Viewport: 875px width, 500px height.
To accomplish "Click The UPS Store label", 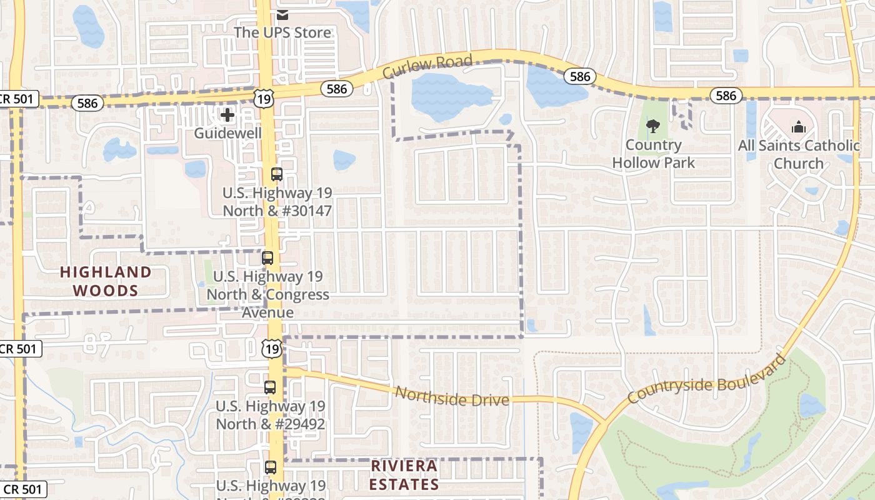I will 282,32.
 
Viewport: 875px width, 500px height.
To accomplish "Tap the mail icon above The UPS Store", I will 282,14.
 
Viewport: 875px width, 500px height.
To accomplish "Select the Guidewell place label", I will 227,133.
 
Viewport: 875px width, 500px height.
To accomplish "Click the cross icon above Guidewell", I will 227,115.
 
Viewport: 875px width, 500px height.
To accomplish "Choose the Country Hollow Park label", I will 653,154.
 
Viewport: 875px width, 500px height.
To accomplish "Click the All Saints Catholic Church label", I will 799,154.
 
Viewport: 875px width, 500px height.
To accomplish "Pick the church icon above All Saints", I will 799,127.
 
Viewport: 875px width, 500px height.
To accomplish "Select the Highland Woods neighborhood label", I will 106,281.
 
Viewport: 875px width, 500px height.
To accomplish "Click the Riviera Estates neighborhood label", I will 404,475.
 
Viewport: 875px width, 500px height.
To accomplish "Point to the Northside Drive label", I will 452,396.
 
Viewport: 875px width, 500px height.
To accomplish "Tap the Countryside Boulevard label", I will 706,379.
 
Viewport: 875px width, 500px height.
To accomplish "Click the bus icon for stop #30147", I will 277,174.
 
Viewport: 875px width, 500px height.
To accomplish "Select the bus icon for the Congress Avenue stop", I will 267,257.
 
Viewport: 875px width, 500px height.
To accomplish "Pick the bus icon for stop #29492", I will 270,387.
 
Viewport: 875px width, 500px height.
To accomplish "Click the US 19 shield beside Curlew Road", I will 264,97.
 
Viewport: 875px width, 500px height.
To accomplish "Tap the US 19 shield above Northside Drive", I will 272,349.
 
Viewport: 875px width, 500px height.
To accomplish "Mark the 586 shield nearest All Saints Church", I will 726,96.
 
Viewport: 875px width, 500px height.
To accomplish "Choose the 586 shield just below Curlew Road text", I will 337,89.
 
